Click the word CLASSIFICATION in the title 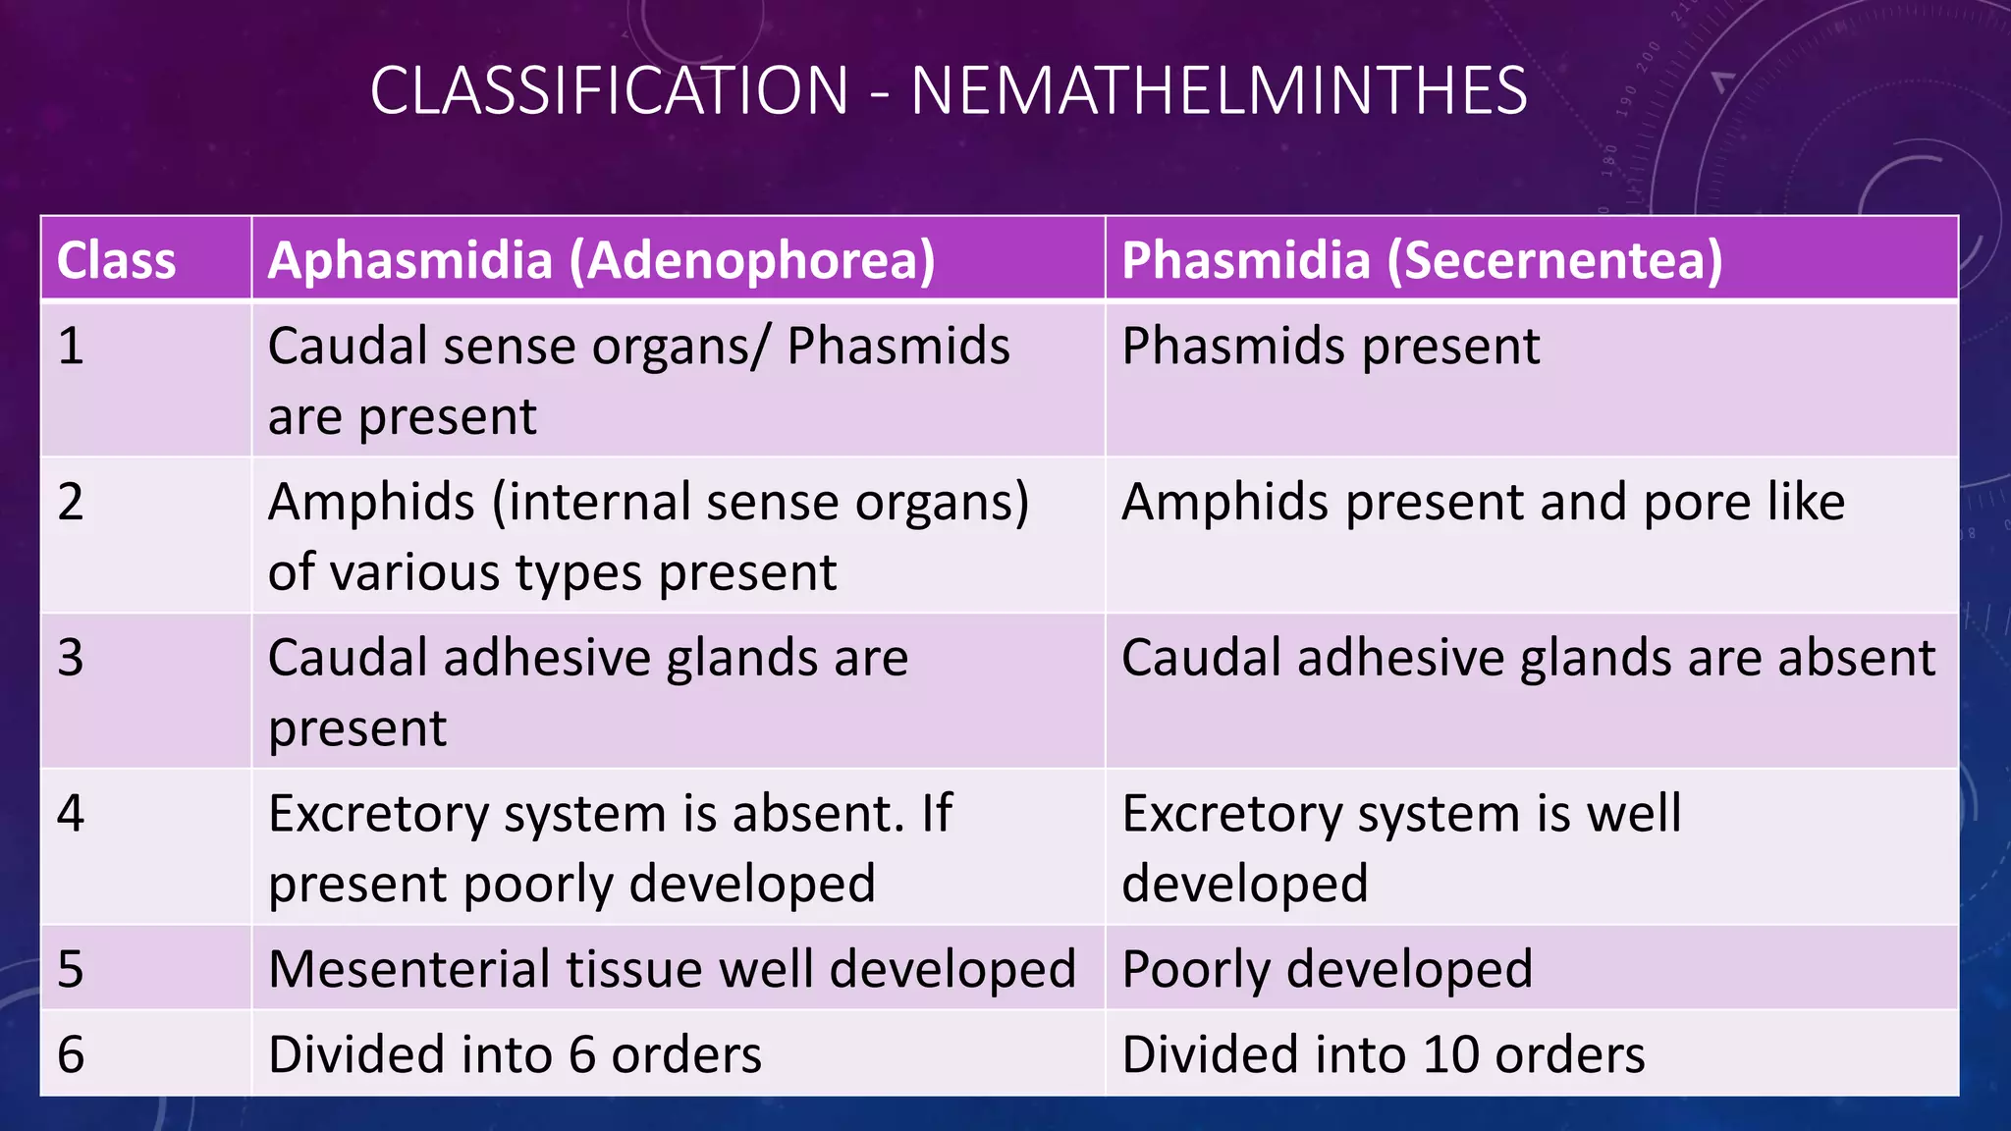pyautogui.click(x=609, y=91)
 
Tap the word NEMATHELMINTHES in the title pyautogui.click(x=1219, y=91)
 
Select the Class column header pyautogui.click(x=117, y=261)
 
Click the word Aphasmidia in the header pyautogui.click(x=410, y=261)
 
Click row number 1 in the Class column pyautogui.click(x=71, y=347)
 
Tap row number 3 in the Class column pyautogui.click(x=71, y=658)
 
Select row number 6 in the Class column pyautogui.click(x=71, y=1054)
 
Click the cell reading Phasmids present pyautogui.click(x=1331, y=347)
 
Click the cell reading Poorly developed pyautogui.click(x=1327, y=970)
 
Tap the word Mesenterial pyautogui.click(x=408, y=970)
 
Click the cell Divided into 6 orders pyautogui.click(x=515, y=1054)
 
